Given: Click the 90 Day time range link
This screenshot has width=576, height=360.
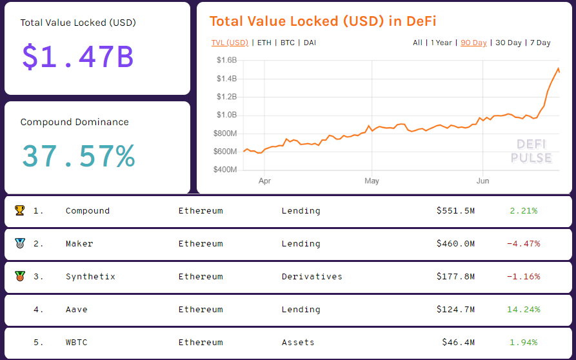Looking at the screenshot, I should point(473,43).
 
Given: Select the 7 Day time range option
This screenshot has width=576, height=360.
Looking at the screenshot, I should point(540,43).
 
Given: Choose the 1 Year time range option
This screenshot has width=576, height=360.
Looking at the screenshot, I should point(441,43).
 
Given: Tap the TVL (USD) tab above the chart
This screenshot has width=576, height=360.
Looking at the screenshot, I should point(230,43).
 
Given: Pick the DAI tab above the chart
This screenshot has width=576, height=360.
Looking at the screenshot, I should point(310,43).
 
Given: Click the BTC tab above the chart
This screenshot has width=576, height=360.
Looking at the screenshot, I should point(287,43).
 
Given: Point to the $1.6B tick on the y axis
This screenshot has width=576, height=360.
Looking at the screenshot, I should point(226,60).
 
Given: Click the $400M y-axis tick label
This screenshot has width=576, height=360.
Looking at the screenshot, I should point(224,170).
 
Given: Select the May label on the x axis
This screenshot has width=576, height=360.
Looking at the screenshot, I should point(372,181).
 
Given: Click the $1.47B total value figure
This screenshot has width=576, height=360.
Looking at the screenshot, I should point(77,56).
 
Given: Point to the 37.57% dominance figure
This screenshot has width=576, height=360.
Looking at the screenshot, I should point(78,155).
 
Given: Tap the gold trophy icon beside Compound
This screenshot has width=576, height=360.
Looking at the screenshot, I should point(19,210).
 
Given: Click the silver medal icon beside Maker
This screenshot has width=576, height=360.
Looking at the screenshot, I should point(19,243).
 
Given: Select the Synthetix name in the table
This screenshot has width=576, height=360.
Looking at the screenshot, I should point(90,277).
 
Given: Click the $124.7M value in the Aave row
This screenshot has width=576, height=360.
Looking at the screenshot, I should point(455,310).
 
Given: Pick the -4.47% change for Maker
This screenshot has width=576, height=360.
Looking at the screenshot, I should point(523,244).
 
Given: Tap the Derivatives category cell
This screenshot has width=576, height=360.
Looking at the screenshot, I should point(312,277).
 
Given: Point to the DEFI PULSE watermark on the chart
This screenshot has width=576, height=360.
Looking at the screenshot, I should point(531,152).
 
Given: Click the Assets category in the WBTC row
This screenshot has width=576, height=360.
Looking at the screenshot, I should point(298,343).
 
